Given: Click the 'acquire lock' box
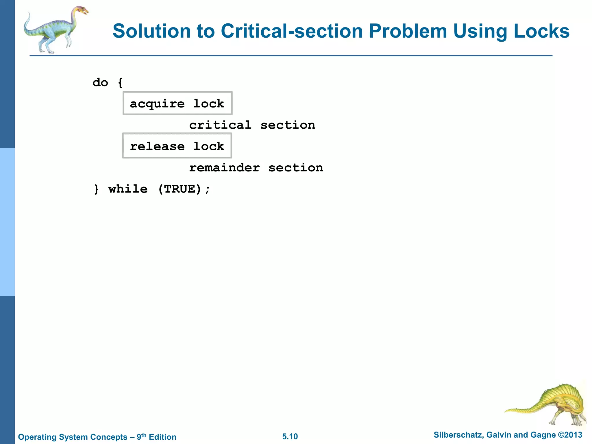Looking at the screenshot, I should pyautogui.click(x=177, y=103).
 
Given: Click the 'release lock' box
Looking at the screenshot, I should pyautogui.click(x=177, y=146).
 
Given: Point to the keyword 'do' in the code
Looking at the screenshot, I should pyautogui.click(x=100, y=83).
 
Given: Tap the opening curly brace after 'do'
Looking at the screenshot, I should pyautogui.click(x=120, y=83).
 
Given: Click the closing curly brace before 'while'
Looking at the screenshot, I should pyautogui.click(x=97, y=189).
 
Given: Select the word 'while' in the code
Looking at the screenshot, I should pyautogui.click(x=128, y=189).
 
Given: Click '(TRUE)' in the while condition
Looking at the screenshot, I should pyautogui.click(x=180, y=189).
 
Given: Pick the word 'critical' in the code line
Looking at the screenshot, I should pyautogui.click(x=220, y=125).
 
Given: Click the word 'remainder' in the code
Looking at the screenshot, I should pyautogui.click(x=224, y=168).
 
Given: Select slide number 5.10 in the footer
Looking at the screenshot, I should pyautogui.click(x=290, y=436).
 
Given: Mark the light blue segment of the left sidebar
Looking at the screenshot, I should pyautogui.click(x=7, y=222).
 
